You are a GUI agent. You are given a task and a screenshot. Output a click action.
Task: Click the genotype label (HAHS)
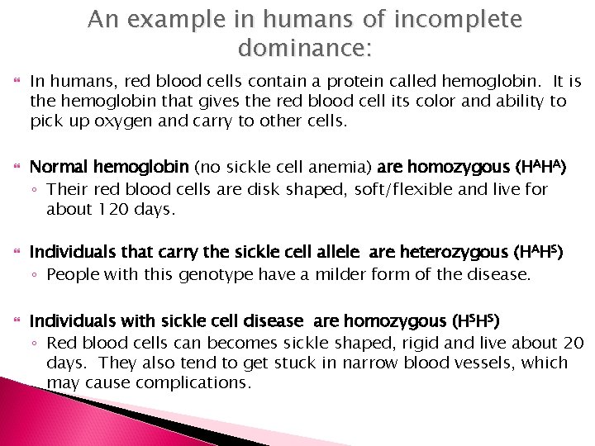tap(537, 252)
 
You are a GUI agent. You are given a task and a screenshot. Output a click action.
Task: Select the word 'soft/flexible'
tap(392, 189)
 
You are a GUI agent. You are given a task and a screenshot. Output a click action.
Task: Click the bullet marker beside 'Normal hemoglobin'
tap(15, 168)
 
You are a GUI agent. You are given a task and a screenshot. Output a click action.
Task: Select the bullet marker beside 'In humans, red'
tap(15, 82)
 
